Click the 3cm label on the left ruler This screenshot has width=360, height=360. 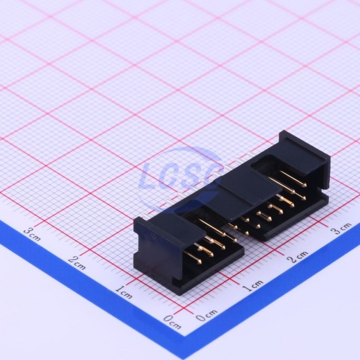click(32, 234)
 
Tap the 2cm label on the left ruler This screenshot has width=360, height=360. click(77, 262)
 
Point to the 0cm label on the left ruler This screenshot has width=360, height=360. click(172, 321)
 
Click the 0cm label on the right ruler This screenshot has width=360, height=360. click(206, 315)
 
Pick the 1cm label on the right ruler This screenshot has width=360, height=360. click(253, 285)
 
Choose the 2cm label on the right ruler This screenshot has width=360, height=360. click(298, 257)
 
